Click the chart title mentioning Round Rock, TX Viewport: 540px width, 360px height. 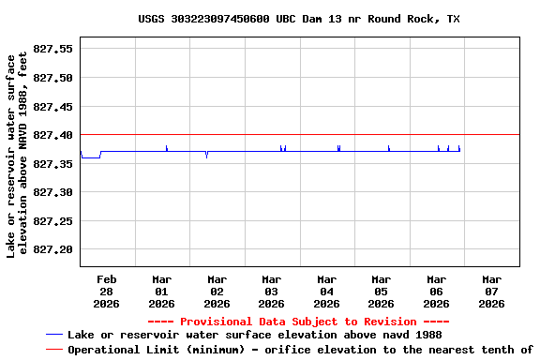click(x=298, y=19)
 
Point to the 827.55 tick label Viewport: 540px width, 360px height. click(x=52, y=49)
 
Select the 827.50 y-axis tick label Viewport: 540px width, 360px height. click(x=52, y=77)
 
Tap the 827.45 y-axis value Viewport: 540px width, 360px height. click(x=52, y=106)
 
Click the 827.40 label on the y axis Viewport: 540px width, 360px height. click(x=52, y=135)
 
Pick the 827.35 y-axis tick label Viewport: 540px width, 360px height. click(x=52, y=163)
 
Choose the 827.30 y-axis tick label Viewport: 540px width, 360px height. click(x=52, y=192)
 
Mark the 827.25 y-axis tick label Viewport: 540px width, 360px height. click(x=52, y=221)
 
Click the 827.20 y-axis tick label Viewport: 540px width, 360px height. click(x=52, y=249)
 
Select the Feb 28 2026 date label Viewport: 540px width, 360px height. click(x=107, y=291)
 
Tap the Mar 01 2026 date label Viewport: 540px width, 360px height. click(x=161, y=291)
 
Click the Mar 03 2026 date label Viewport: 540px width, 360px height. click(x=271, y=291)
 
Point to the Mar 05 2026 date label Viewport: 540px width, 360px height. click(x=381, y=291)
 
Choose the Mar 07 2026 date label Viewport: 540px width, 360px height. click(x=490, y=291)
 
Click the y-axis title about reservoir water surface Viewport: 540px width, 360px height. click(x=18, y=156)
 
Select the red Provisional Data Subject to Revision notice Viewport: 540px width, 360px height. click(x=298, y=322)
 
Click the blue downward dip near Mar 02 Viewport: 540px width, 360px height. click(x=206, y=156)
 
